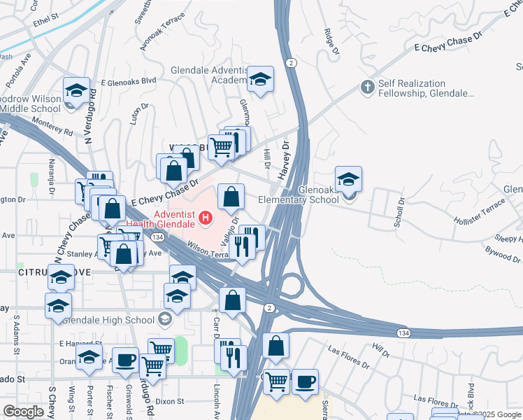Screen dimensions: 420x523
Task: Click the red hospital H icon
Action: tap(206, 218)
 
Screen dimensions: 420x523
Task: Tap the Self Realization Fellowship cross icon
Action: tap(366, 87)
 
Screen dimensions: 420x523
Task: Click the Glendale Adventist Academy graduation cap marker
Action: tap(260, 80)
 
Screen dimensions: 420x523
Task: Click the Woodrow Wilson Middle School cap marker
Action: tap(76, 91)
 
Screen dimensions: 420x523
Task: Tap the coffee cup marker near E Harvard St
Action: tap(125, 360)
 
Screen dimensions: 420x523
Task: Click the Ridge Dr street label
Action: tap(331, 40)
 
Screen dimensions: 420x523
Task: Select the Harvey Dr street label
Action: tap(285, 160)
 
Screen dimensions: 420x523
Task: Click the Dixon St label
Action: tap(170, 402)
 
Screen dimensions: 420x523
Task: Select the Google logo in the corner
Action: tap(23, 411)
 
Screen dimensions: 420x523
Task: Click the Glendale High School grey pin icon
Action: tap(165, 319)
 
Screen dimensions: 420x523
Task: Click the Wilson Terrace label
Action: tap(208, 251)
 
